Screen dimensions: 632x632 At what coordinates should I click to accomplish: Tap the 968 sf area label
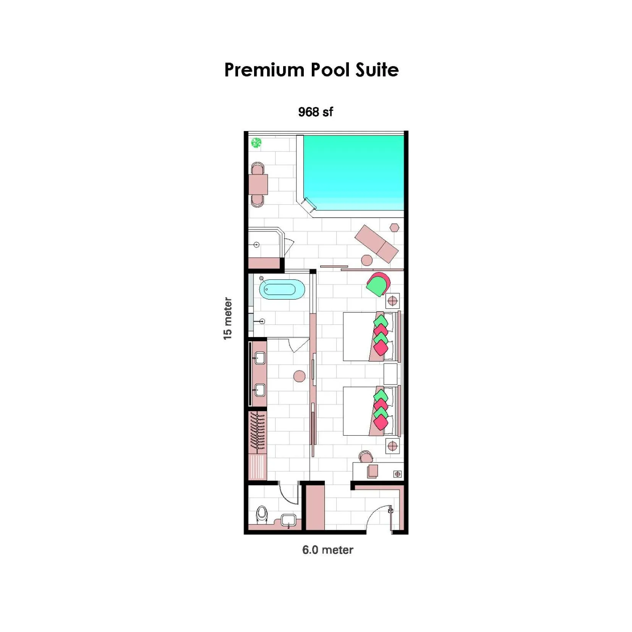315,112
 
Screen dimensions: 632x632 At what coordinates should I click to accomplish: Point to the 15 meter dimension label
227,318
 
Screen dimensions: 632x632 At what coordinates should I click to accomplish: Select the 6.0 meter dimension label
327,549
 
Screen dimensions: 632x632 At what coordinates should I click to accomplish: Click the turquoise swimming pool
353,172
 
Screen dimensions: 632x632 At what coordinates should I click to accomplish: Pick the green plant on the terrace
256,143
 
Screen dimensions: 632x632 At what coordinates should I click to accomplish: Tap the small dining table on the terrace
258,185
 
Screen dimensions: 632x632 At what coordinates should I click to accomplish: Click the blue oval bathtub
282,289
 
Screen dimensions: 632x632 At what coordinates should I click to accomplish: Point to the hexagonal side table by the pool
394,228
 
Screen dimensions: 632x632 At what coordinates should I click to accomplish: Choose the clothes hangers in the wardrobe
258,431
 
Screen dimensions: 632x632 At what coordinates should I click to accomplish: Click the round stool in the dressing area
299,376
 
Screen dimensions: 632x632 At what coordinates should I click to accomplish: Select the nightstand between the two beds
390,374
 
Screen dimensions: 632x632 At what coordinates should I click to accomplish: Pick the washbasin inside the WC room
288,520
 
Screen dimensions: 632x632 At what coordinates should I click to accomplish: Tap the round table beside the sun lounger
367,260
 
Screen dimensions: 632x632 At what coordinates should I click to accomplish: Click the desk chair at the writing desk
366,457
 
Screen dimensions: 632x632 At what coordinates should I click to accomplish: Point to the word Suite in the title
377,70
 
